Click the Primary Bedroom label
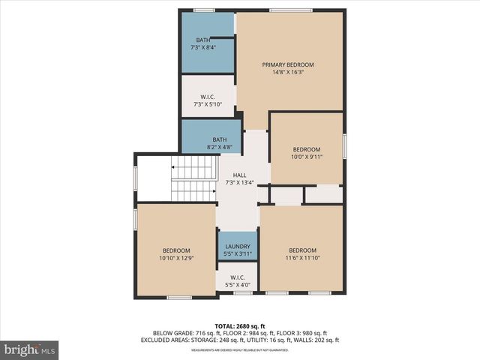click(288, 65)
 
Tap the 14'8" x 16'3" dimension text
click(288, 73)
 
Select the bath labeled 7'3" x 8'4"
click(203, 43)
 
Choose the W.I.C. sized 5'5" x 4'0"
click(236, 280)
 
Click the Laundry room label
click(237, 247)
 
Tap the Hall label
click(239, 175)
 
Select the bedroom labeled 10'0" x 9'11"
click(306, 153)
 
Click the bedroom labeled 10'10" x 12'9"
click(175, 254)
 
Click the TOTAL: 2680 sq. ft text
click(240, 325)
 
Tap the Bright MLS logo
click(30, 349)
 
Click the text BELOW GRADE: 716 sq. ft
click(184, 333)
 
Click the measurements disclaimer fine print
click(240, 349)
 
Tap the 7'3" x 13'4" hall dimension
click(239, 182)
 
